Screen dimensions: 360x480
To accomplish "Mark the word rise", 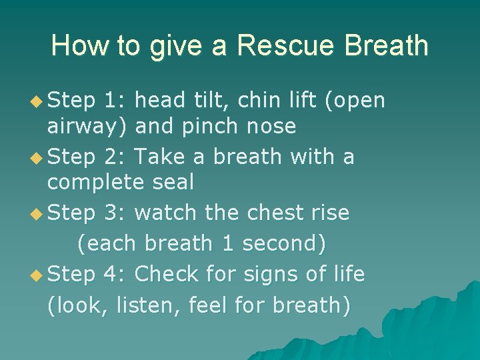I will coord(328,213).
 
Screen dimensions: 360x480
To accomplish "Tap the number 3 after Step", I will coord(111,213).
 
